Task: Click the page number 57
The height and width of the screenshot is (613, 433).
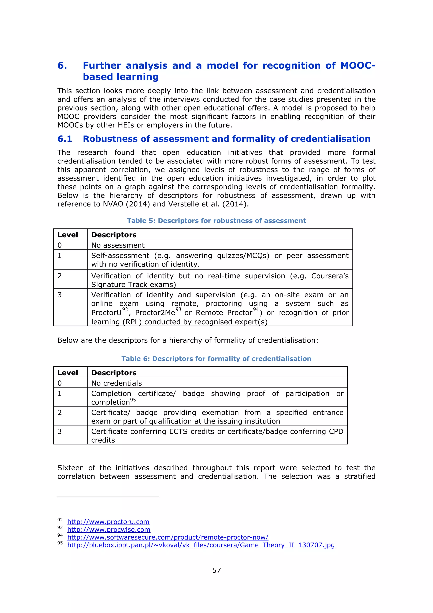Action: click(216, 570)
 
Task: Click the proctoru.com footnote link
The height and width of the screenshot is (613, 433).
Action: click(108, 522)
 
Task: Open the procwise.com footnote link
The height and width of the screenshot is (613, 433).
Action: click(109, 529)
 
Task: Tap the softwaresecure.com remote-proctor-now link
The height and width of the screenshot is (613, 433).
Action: click(168, 537)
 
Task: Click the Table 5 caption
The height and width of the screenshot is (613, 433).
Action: click(216, 221)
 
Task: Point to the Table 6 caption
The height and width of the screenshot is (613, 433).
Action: click(216, 359)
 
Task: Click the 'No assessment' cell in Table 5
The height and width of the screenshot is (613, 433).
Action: click(118, 245)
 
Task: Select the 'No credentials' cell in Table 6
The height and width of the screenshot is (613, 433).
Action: click(116, 383)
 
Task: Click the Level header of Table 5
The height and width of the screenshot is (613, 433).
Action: click(68, 235)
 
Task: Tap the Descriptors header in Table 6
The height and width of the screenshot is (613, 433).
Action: click(114, 373)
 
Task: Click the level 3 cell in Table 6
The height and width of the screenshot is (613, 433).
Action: click(60, 431)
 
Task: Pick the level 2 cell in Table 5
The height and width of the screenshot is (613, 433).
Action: click(60, 276)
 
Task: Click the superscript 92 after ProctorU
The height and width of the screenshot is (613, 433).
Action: click(125, 310)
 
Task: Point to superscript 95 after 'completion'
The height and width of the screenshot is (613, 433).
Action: click(133, 400)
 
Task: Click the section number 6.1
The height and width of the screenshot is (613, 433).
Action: click(65, 139)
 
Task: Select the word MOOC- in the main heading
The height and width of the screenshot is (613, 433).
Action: click(358, 65)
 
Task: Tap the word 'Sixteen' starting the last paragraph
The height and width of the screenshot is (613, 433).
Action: click(70, 468)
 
